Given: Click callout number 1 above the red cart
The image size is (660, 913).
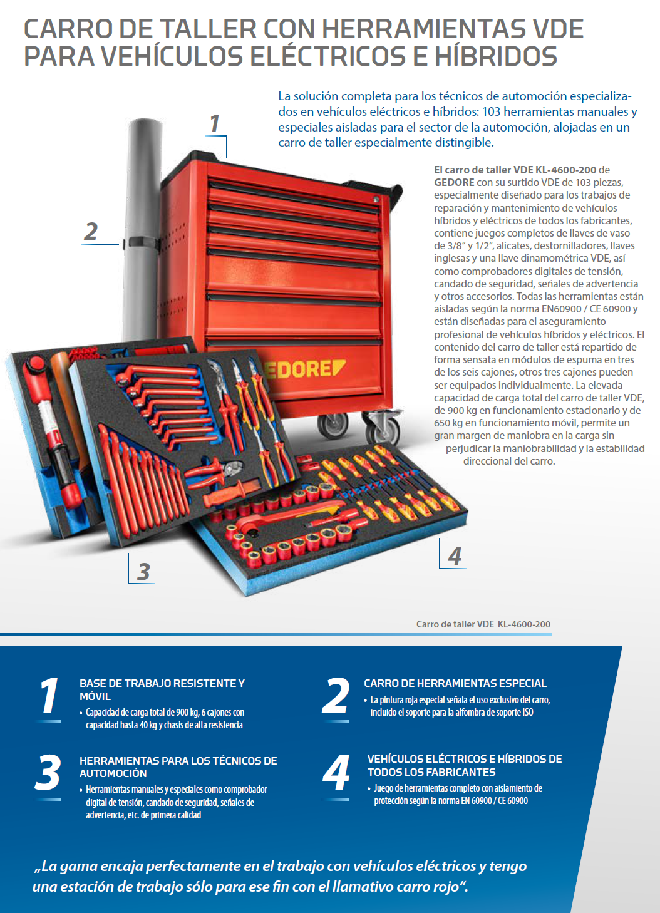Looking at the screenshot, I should tap(215, 124).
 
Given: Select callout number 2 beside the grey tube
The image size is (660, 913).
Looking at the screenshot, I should tap(91, 231).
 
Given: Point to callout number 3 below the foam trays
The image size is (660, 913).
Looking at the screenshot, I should tap(143, 571).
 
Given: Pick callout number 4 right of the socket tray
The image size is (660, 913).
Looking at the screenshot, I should tap(455, 555).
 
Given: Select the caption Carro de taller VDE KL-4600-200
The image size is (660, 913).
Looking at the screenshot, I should tap(483, 624).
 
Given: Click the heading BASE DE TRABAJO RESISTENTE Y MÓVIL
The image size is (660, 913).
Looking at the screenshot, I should tap(162, 689).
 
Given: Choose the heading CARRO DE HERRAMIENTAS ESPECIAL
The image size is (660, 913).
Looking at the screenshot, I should tap(455, 683).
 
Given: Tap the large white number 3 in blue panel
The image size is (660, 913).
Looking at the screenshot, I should tap(48, 773).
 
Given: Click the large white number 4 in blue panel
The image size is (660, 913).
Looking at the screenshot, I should tap(336, 773).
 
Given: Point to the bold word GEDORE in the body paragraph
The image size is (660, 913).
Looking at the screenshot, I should tap(454, 182).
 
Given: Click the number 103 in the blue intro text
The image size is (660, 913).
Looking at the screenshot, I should tap(492, 111).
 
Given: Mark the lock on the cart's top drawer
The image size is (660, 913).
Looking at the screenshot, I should tap(376, 199).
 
